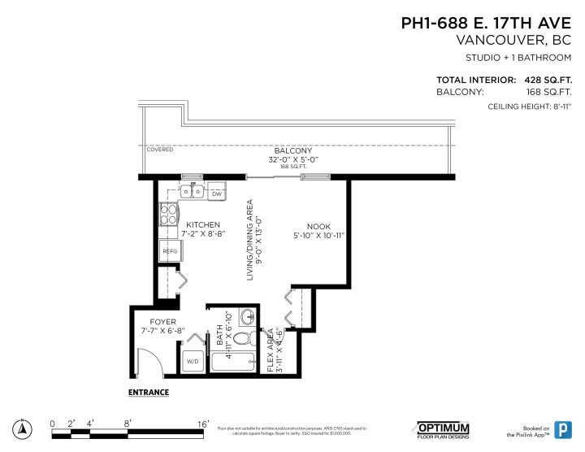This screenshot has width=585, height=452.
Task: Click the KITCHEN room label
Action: click(202, 224)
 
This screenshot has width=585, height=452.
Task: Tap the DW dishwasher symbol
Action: click(217, 194)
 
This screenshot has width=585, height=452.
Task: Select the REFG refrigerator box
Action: click(170, 251)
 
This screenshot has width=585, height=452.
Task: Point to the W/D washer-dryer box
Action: click(193, 361)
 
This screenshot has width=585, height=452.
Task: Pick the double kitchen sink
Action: click(193, 193)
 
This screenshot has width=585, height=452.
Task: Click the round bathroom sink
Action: click(249, 317)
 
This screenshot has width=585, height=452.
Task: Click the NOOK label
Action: click(318, 227)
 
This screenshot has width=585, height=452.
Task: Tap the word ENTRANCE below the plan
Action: click(149, 393)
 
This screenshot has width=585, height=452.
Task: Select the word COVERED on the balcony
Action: click(160, 150)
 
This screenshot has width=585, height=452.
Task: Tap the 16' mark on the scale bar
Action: click(203, 423)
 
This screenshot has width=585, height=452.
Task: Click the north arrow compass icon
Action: click(24, 428)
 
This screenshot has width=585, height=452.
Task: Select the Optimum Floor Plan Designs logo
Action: click(443, 428)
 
